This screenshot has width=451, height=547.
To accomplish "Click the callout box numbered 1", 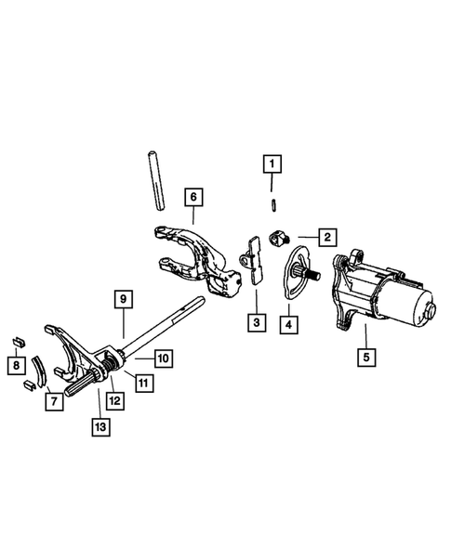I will pos(271,166).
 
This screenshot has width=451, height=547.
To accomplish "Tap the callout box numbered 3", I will pos(255,324).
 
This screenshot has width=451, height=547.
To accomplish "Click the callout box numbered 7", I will pos(55,402).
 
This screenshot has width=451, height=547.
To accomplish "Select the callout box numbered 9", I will pos(122,299).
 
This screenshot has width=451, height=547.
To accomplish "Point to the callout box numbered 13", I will pos(99,426).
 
